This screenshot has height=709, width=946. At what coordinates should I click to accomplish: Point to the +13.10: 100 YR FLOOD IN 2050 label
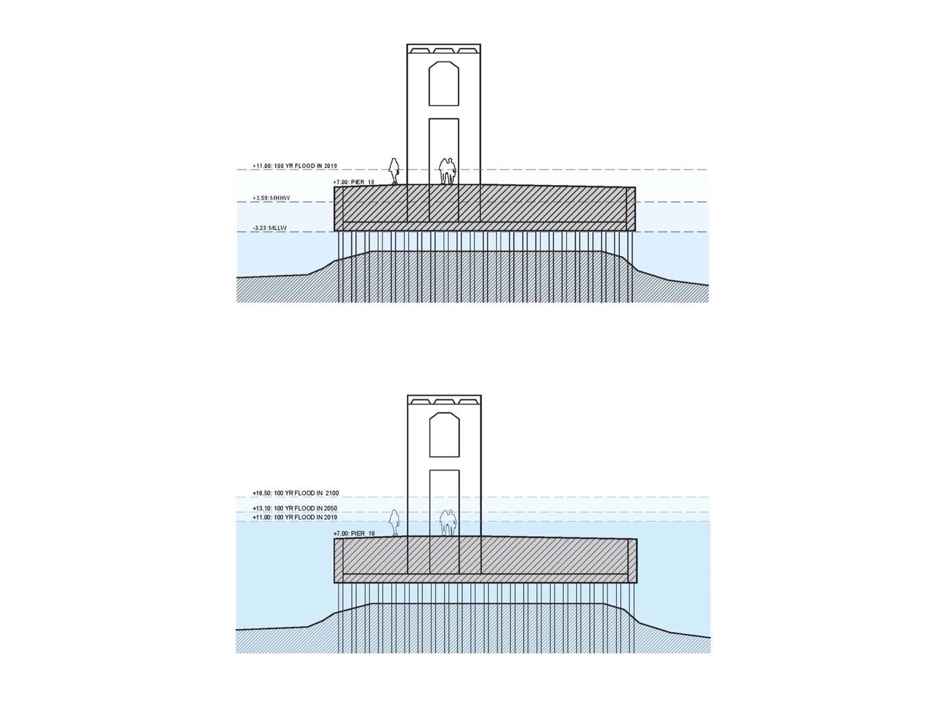coord(295,508)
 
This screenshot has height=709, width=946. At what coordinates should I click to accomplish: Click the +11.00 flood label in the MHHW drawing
coord(295,166)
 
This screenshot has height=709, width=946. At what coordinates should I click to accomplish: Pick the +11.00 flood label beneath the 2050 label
coord(295,517)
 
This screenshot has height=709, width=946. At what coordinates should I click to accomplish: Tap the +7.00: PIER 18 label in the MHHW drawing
coord(354,182)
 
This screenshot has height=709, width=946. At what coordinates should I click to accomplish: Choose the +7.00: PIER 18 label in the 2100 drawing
coord(354,533)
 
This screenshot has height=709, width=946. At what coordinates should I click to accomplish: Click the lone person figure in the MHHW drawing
coord(395,172)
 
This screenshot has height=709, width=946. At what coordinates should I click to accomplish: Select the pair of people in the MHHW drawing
coord(446,172)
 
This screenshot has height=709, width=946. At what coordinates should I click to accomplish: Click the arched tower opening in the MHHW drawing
coord(444,84)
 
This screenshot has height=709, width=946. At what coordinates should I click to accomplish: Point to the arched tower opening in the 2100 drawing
coord(444,435)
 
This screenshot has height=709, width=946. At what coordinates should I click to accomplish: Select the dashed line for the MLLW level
coord(473,232)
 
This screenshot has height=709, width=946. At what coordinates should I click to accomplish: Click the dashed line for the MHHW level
coord(473,201)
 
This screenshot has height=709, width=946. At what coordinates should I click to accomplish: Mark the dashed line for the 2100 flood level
coord(541,497)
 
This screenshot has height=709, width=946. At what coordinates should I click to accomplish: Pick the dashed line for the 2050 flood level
coord(541,512)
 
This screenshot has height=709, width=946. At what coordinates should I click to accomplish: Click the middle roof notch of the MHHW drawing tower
coord(444,51)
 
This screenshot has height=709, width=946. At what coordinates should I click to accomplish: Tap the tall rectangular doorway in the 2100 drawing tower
coord(444,503)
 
